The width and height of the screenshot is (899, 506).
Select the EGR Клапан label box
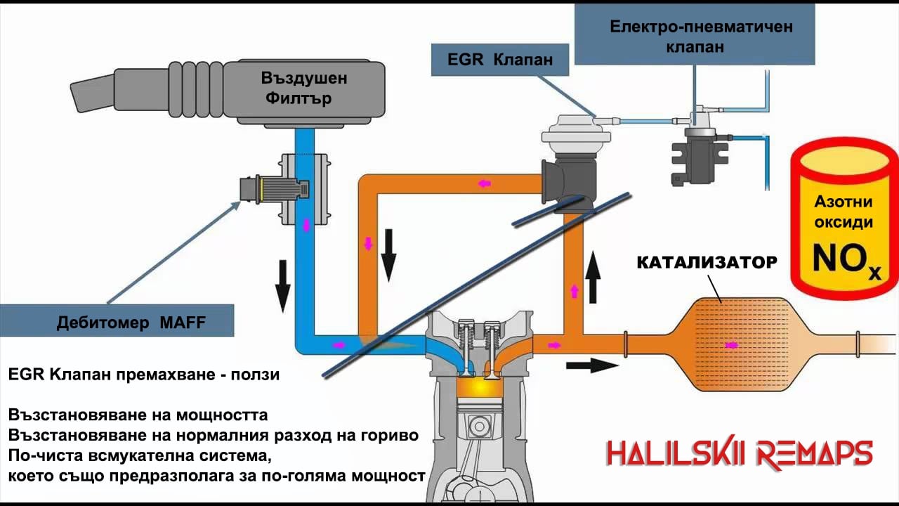[x=500, y=60]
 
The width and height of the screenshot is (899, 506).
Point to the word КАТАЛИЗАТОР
[x=707, y=263]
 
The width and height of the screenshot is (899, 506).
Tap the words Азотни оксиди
[x=843, y=212]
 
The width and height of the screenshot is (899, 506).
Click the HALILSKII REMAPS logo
[x=739, y=453]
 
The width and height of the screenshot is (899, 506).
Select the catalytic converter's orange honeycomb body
[x=730, y=344]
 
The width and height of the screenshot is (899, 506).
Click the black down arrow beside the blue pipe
[x=283, y=285]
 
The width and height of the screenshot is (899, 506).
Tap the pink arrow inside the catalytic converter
[x=731, y=345]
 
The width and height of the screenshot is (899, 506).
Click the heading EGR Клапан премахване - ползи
[x=144, y=375]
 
